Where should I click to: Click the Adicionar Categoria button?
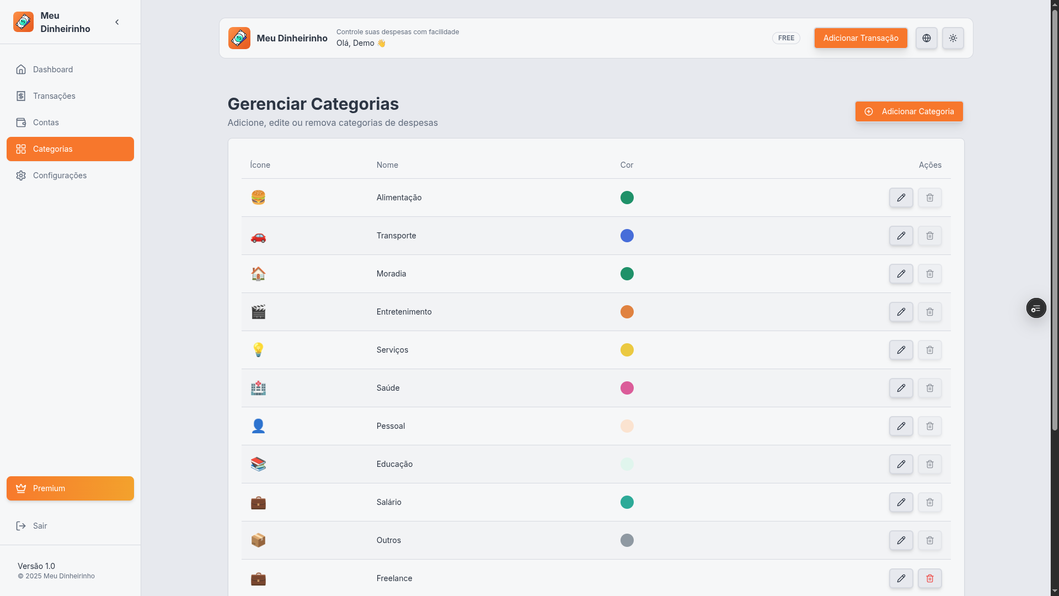coord(908,111)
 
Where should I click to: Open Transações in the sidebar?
coord(54,96)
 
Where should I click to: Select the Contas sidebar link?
coord(46,123)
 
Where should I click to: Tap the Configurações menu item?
coord(60,175)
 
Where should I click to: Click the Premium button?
coord(70,488)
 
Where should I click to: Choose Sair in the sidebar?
coord(40,526)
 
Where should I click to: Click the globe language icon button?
coord(927,38)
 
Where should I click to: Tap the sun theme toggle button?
coord(953,38)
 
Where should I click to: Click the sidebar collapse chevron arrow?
coord(117,22)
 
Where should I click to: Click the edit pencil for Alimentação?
coord(901,198)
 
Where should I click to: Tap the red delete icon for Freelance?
coord(930,578)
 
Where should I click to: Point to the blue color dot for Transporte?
coord(627,236)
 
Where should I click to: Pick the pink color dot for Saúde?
coord(627,388)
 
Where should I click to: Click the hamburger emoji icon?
coord(258,198)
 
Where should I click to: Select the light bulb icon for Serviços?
coord(258,350)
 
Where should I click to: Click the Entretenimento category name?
coord(404,312)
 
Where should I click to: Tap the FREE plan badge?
coord(786,38)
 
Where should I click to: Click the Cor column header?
coord(627,165)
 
